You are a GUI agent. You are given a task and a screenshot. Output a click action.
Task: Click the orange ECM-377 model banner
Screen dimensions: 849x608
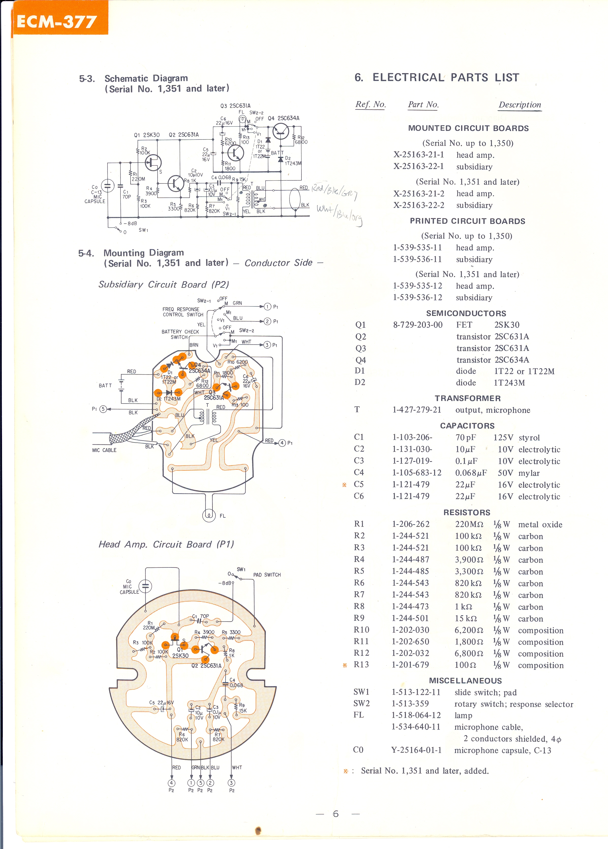point(57,22)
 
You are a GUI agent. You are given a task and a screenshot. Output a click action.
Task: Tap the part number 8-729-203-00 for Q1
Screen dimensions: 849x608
point(417,325)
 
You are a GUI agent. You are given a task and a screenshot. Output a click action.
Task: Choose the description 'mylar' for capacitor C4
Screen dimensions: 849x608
point(529,473)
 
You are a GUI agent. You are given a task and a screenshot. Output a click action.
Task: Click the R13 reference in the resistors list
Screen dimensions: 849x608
point(361,665)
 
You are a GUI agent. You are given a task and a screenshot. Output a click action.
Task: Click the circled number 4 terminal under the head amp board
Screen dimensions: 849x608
point(171,783)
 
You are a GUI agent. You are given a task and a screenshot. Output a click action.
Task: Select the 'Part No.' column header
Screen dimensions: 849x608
point(423,104)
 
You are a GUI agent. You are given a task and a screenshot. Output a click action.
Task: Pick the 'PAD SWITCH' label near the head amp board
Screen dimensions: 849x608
point(267,575)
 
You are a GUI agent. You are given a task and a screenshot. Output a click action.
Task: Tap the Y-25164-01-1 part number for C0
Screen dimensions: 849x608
point(416,750)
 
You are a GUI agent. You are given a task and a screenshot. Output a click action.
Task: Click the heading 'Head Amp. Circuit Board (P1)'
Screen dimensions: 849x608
point(166,544)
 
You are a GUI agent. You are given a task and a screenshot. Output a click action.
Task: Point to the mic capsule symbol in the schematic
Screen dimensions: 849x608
point(108,186)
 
